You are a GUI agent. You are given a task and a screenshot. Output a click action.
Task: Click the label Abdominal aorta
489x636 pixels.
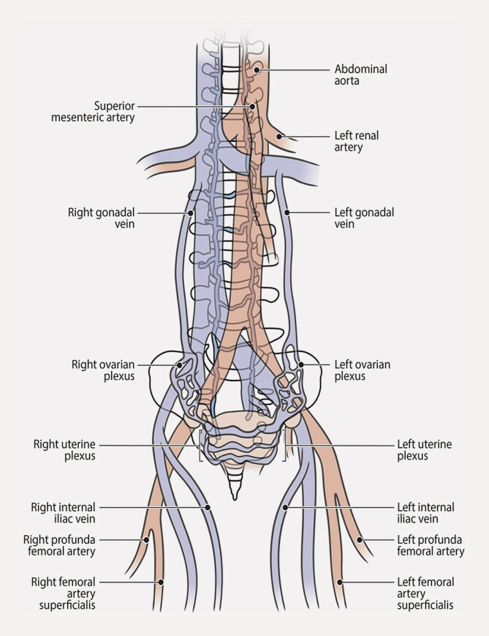(x=361, y=75)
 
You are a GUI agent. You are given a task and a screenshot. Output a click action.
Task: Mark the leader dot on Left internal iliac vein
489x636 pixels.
(x=287, y=506)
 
